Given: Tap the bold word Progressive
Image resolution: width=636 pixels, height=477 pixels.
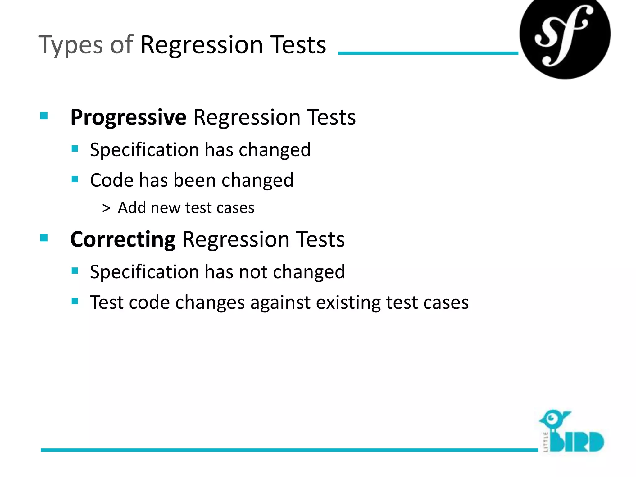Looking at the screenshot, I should click(128, 117).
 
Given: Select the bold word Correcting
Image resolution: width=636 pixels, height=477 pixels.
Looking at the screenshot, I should click(123, 239).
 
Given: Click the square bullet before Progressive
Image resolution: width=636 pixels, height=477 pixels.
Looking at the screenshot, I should click(44, 116).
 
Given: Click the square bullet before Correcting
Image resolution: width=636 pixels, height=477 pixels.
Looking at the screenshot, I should click(44, 238).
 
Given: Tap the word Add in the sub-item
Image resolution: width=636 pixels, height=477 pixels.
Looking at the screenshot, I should click(132, 207).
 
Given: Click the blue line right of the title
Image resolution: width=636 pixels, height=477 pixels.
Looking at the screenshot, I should click(428, 53).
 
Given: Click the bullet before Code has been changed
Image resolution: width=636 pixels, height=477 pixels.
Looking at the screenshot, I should click(75, 179).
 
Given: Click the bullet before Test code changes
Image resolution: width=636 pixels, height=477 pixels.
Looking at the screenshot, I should click(75, 301).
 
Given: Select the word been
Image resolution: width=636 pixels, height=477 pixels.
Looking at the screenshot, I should click(194, 180).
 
